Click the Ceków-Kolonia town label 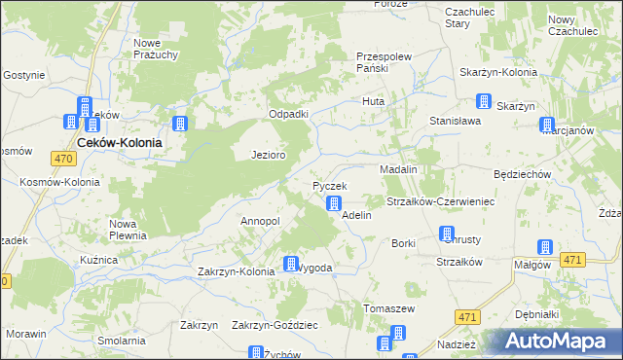pos(119,141)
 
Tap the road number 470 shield pos(64,159)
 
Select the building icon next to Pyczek pos(333,203)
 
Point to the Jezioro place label pos(268,155)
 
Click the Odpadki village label pos(289,114)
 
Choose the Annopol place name pos(260,221)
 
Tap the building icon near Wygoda pos(290,263)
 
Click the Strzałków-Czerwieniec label pos(442,201)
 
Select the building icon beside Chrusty pos(447,234)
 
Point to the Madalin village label pos(398,169)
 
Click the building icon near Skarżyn pos(484,100)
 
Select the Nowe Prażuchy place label pos(156,49)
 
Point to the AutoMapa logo pos(555,342)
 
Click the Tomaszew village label pos(389,308)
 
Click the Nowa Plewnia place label pos(128,229)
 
